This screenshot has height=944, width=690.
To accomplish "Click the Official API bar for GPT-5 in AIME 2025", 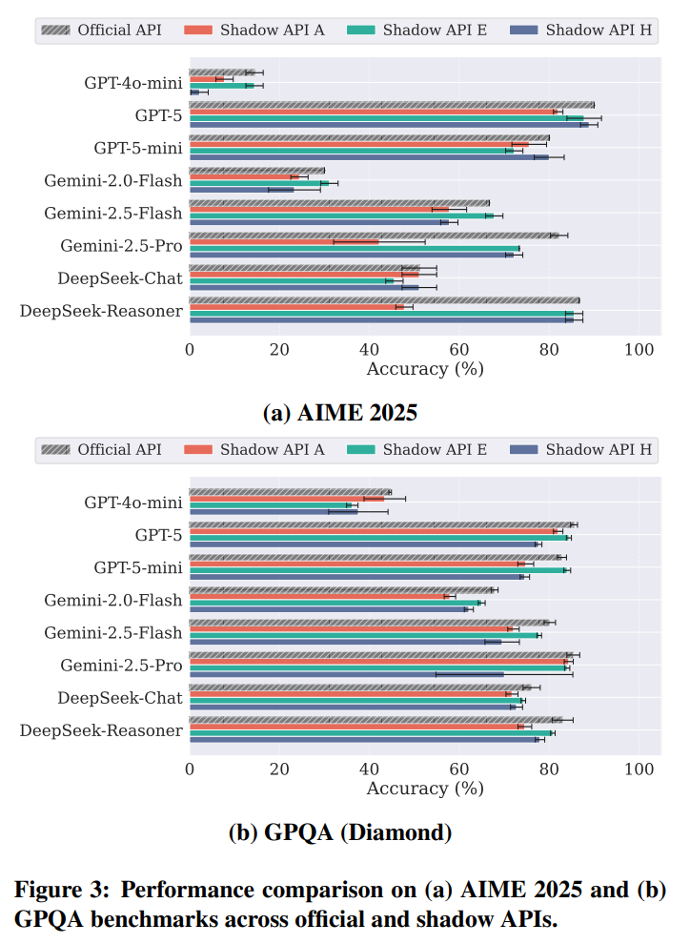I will pos(391,105).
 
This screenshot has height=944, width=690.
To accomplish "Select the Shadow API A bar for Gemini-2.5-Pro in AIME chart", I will pos(284,241).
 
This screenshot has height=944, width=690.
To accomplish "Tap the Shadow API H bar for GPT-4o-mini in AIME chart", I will pos(194,92).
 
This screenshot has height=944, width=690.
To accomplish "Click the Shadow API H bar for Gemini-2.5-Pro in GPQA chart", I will pos(346,674).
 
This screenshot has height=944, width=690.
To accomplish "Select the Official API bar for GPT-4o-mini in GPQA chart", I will pos(290,492).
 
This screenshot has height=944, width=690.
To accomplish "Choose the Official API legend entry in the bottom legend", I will pos(105,449).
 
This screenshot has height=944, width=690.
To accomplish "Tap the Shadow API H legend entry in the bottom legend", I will pos(583,449).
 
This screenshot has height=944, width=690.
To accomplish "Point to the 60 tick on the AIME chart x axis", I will pos(459,349).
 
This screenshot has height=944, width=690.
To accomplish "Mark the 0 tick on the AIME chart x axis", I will pos(190,349).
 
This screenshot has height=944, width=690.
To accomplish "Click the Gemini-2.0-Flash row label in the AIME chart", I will pos(112,180).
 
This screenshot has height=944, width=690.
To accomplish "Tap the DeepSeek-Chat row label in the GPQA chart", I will pos(119,697).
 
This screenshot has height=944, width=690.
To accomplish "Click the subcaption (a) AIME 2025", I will pos(340,413).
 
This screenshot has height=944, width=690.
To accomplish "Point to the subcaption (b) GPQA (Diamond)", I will pos(340,832).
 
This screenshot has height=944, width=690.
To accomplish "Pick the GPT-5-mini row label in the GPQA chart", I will pos(137,567).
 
